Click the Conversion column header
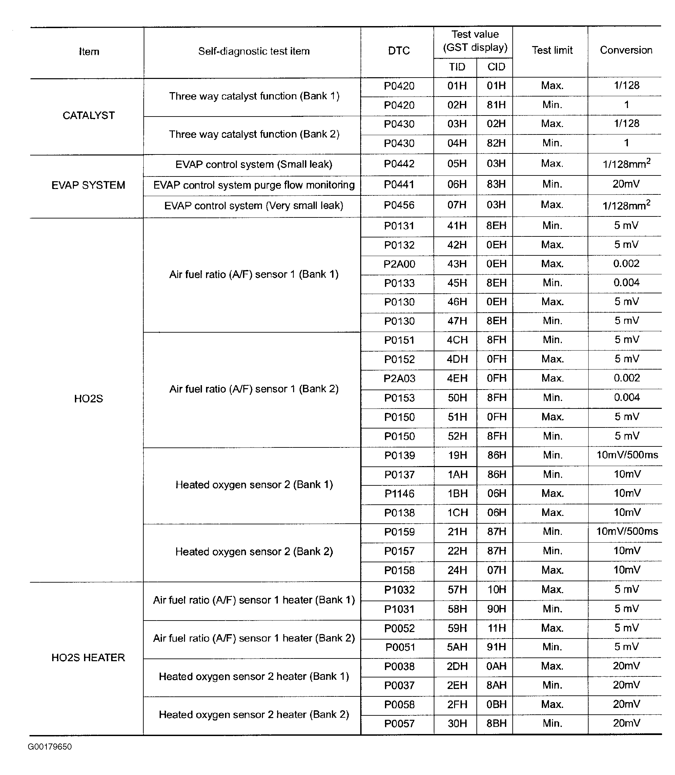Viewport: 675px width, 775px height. tap(626, 50)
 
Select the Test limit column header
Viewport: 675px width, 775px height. tap(552, 50)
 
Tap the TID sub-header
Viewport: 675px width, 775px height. tap(456, 67)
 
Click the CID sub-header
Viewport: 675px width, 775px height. tap(496, 67)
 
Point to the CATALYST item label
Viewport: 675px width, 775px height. tap(88, 116)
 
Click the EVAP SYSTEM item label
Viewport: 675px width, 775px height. tap(88, 185)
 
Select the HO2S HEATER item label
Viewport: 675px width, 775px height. tap(88, 657)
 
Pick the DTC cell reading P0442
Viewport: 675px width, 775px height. tap(399, 164)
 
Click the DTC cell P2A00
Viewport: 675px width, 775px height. tap(399, 264)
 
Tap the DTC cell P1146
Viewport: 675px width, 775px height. tap(399, 493)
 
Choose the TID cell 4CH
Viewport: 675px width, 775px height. tap(457, 340)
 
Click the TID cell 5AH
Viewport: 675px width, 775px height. tap(457, 647)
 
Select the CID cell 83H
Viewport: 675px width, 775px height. tap(496, 184)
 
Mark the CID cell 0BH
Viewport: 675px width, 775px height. tap(496, 704)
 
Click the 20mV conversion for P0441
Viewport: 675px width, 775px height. tap(626, 184)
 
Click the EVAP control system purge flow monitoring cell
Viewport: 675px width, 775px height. tap(254, 185)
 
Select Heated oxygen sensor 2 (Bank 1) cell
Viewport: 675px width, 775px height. tap(254, 485)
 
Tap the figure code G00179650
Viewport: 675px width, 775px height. tap(50, 747)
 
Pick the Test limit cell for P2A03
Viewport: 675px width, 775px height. tap(552, 378)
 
